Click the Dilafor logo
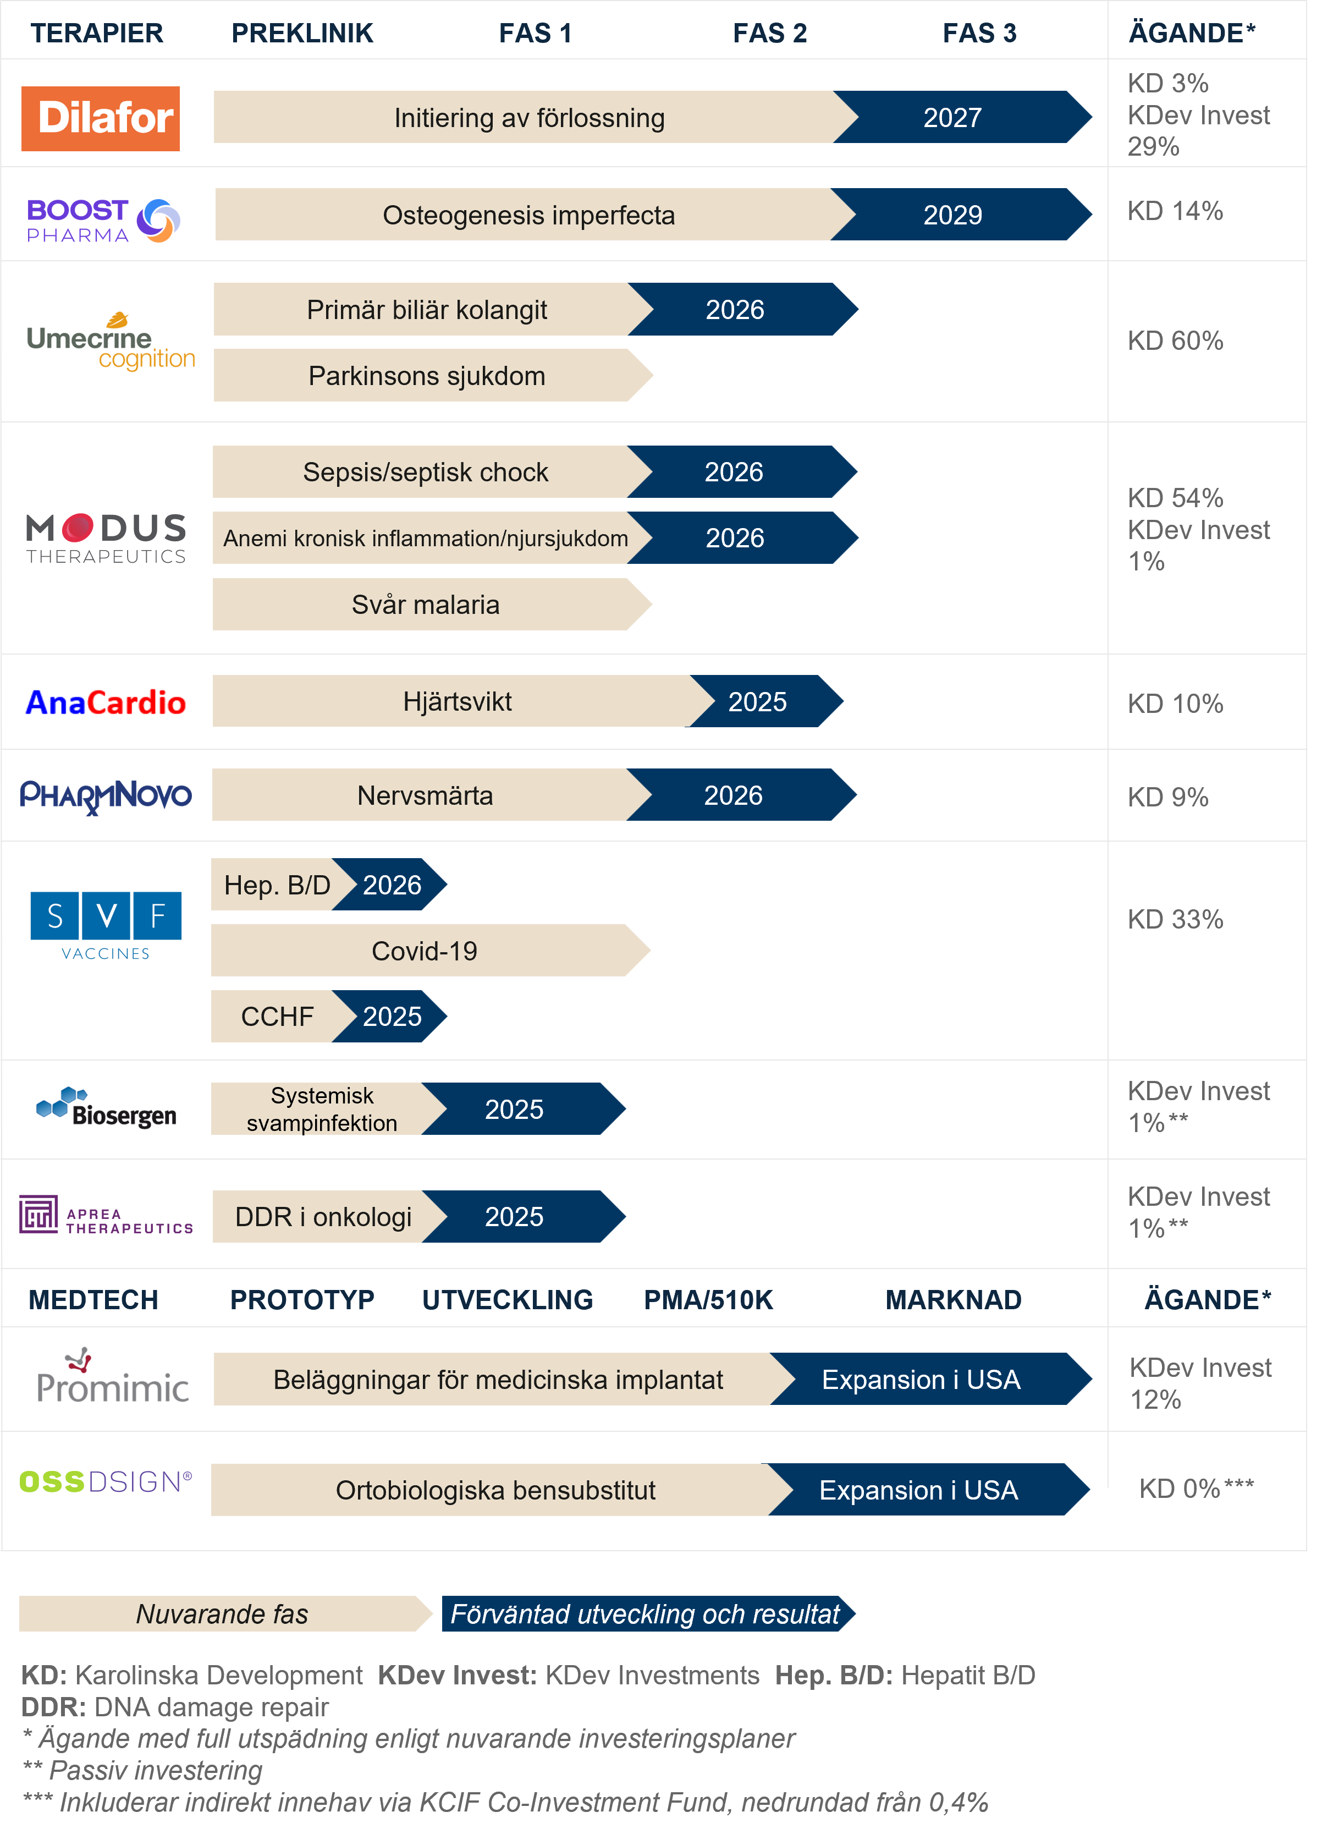[x=100, y=118]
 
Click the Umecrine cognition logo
[x=112, y=342]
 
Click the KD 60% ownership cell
[x=1175, y=341]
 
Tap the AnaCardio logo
[x=106, y=702]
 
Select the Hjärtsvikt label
[x=457, y=702]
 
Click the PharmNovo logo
[x=106, y=795]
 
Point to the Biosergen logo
[x=106, y=1108]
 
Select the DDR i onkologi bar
[x=323, y=1216]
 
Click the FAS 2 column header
[x=770, y=33]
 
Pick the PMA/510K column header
[x=708, y=1299]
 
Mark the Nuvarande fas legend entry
[x=222, y=1614]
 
